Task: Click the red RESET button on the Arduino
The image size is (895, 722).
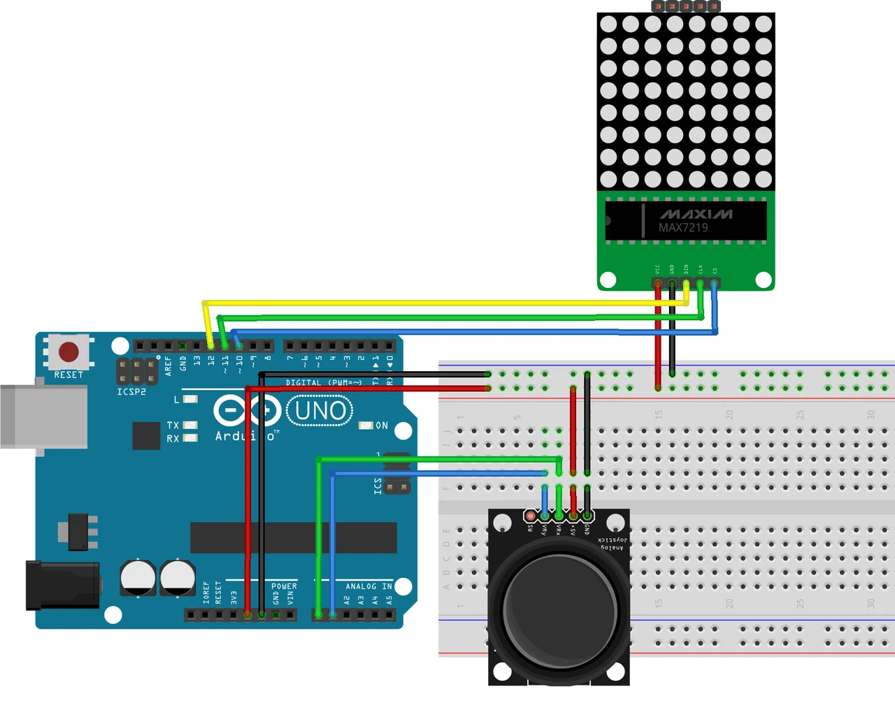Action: (69, 352)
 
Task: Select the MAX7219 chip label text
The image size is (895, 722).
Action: (683, 228)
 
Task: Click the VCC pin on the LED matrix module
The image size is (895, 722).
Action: (657, 284)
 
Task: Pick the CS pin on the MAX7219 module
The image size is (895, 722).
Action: (714, 284)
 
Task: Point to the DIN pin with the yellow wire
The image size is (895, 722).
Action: (686, 284)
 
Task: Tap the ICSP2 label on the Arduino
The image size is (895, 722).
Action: (131, 392)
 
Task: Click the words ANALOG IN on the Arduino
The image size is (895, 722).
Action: (368, 586)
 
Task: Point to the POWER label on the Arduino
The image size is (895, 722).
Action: (284, 586)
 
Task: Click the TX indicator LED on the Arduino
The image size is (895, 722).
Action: (189, 425)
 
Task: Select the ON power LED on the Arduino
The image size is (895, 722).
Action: (366, 425)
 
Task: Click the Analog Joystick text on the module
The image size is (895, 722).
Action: (613, 543)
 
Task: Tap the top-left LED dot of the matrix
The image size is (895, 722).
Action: (608, 24)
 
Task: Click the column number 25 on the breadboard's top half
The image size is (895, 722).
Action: (800, 414)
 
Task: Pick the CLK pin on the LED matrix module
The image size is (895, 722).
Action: (700, 284)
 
